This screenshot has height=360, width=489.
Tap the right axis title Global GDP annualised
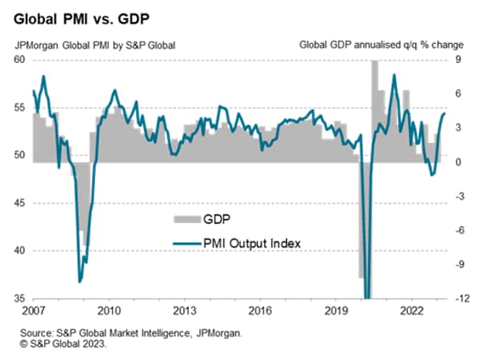pos(381,44)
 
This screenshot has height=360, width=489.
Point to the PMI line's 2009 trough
pos(79,281)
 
